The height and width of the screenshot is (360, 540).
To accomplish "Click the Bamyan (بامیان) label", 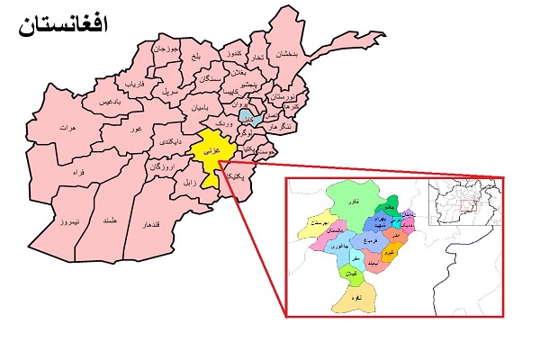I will click(x=199, y=108).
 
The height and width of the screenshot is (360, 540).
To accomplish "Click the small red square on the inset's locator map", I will click(x=467, y=206).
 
